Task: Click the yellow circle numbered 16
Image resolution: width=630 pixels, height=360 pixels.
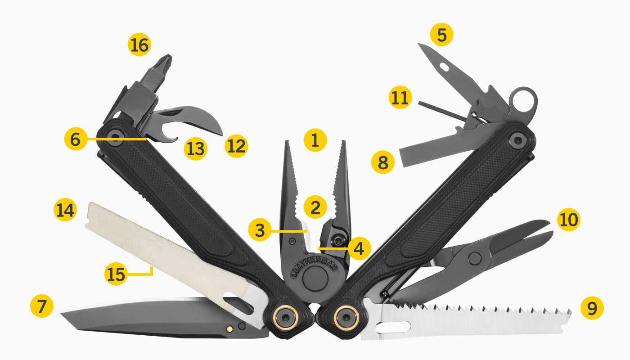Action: point(139,45)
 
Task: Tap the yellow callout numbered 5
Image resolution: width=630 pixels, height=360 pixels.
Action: point(441,35)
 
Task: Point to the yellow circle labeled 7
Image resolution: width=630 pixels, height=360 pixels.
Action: point(42,307)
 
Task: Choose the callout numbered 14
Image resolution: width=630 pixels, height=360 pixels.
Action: point(65,211)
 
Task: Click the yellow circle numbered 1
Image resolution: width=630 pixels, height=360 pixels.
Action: point(315,140)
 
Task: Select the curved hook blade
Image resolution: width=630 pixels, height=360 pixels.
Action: point(198,118)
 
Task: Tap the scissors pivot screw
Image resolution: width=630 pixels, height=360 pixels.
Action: point(474,258)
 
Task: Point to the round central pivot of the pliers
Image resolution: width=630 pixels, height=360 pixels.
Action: point(315,279)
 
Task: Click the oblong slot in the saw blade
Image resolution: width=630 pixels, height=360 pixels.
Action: point(394,326)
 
